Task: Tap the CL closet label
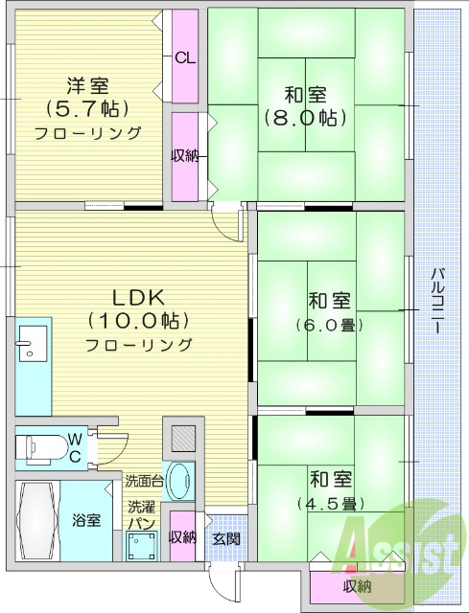(x=185, y=57)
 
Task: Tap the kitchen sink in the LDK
(x=31, y=343)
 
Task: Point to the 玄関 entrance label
(x=226, y=537)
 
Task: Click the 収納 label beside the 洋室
(x=185, y=156)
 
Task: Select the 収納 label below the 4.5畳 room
(x=357, y=587)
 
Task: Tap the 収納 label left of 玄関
(x=183, y=537)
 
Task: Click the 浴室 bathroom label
(x=86, y=520)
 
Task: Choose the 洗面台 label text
(x=143, y=481)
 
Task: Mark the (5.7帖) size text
(x=87, y=107)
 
